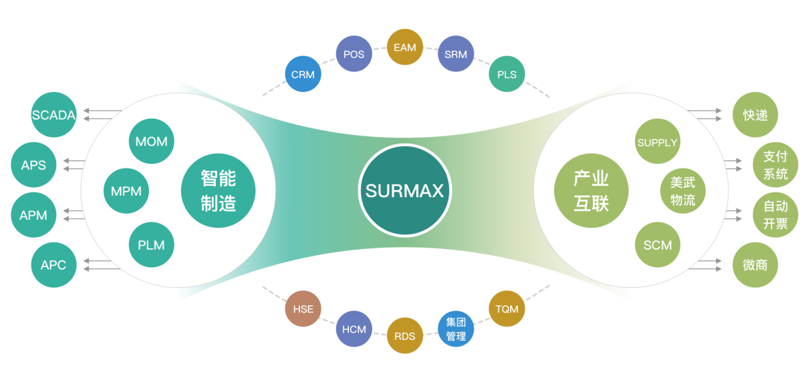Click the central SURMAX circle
404,190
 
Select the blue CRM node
303,74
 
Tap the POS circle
354,54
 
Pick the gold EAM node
405,47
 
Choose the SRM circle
456,54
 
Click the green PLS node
507,74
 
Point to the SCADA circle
54,115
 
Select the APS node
33,164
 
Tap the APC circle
53,265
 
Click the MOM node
151,142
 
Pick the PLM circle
151,244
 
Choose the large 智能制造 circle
218,190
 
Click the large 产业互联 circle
591,190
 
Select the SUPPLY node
657,142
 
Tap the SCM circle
657,244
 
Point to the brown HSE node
303,309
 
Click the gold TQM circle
507,309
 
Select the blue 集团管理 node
456,329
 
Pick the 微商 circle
755,265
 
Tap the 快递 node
755,115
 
